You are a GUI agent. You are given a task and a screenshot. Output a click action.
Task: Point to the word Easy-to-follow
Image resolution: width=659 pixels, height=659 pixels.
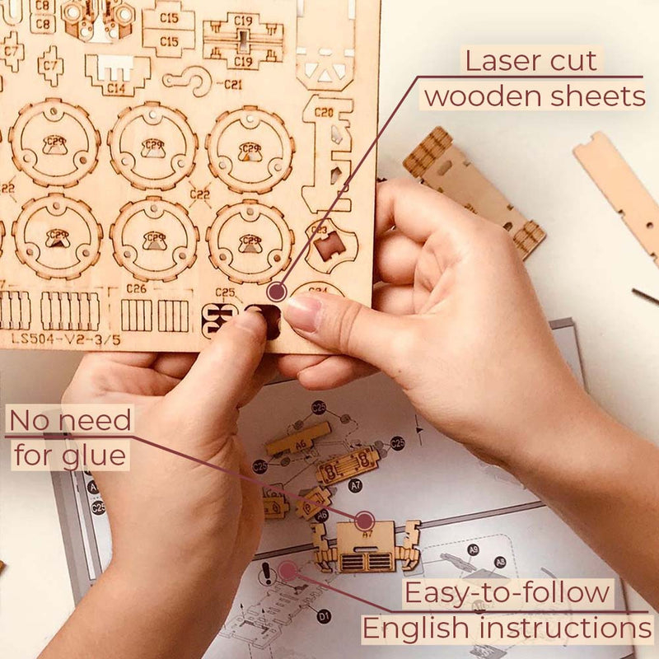[507, 592]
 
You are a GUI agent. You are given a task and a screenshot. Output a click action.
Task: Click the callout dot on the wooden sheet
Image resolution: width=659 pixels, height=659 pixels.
[278, 291]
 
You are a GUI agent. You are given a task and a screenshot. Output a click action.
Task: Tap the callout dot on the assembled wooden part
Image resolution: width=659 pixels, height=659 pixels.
[364, 520]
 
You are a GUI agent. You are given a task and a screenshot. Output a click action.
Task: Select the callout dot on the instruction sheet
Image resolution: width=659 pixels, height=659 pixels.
[287, 570]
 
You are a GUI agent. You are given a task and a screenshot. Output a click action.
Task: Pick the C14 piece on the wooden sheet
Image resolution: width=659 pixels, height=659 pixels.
[117, 72]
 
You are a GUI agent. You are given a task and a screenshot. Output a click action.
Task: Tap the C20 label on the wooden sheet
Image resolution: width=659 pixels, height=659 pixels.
[324, 112]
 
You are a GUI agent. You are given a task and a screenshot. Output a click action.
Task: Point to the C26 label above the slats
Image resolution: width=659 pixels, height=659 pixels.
[137, 288]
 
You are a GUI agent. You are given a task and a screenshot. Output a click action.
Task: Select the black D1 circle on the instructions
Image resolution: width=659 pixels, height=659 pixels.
[324, 615]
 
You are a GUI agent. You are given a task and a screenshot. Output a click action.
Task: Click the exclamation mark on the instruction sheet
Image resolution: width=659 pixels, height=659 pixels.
[265, 573]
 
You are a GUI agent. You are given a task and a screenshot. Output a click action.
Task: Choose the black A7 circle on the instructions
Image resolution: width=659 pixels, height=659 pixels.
[355, 486]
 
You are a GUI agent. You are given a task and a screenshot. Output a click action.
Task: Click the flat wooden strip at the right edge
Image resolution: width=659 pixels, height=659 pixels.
[618, 189]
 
